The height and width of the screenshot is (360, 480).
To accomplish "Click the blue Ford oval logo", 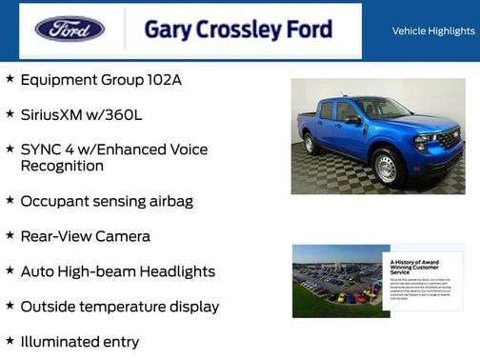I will pos(70,29).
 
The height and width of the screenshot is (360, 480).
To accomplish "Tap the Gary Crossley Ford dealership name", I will pos(238,29).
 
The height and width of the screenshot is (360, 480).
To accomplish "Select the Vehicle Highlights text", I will pos(433,31).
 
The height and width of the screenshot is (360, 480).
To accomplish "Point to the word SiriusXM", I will pos(53,114).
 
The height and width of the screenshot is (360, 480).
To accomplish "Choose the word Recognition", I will pos(62,166).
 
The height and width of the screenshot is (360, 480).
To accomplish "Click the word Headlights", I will pos(177,271).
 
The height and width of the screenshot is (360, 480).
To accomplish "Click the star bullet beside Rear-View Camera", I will pos(10,234).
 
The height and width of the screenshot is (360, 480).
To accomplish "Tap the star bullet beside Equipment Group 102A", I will pos(10,78).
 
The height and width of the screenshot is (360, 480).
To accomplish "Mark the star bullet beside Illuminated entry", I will pos(10,340).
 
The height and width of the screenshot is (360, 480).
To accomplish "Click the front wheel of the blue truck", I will pos(386,169).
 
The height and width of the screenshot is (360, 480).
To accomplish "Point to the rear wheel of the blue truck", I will pos(310,144).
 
